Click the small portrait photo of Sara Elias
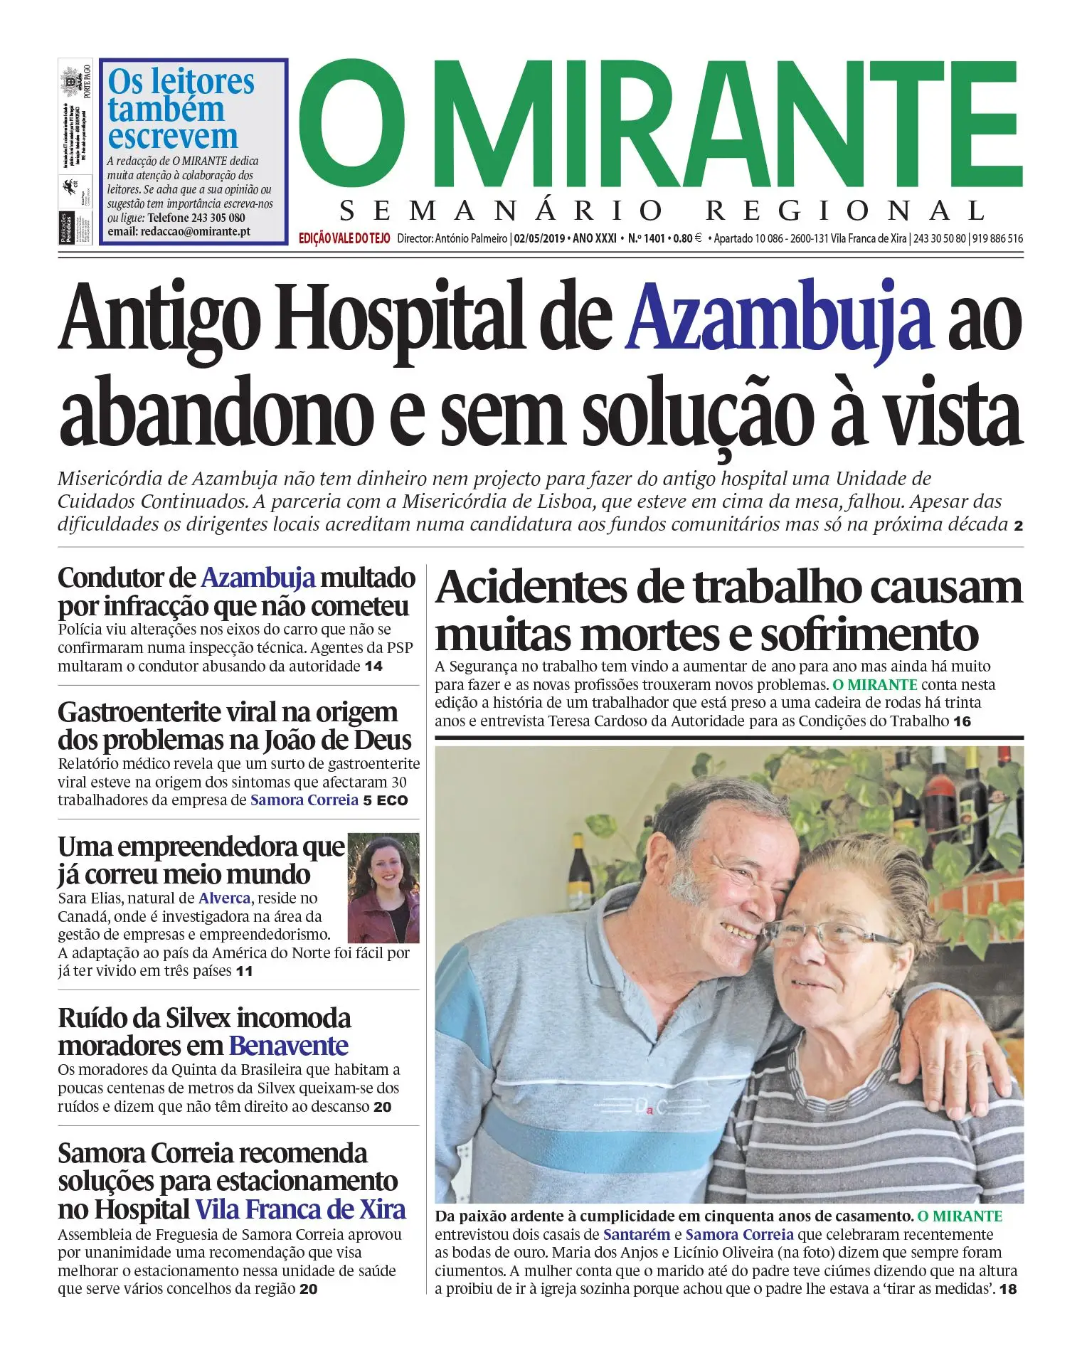(x=383, y=888)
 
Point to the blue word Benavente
(x=288, y=1046)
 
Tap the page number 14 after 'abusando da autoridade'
(x=373, y=667)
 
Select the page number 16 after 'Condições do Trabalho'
(x=962, y=721)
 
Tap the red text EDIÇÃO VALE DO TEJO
(x=344, y=239)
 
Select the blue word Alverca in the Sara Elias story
(x=224, y=898)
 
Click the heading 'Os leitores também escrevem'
(x=181, y=109)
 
